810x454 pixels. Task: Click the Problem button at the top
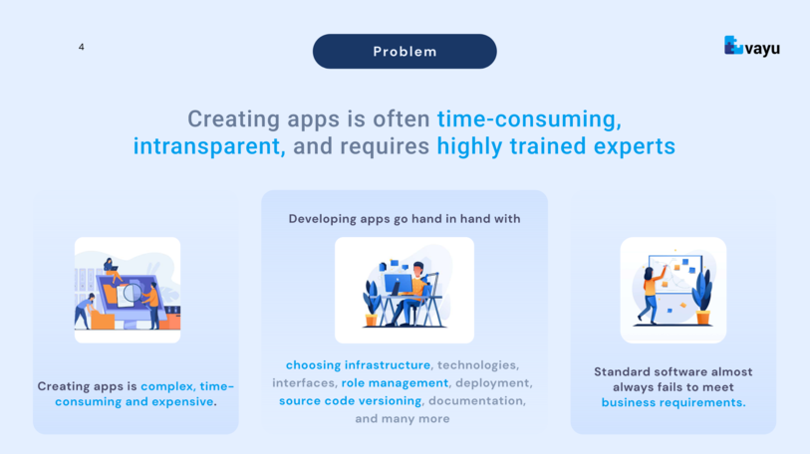[405, 51]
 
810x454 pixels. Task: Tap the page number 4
[81, 47]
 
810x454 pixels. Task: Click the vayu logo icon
[733, 45]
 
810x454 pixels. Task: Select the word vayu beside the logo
[762, 49]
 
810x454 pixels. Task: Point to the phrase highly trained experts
[556, 146]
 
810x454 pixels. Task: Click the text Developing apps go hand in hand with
[405, 219]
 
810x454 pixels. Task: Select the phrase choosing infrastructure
[358, 365]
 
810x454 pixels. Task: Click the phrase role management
[395, 382]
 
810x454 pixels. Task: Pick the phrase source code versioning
[351, 401]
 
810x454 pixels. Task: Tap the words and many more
[403, 418]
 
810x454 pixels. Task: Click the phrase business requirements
[674, 402]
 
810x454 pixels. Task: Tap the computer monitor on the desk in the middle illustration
[398, 284]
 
